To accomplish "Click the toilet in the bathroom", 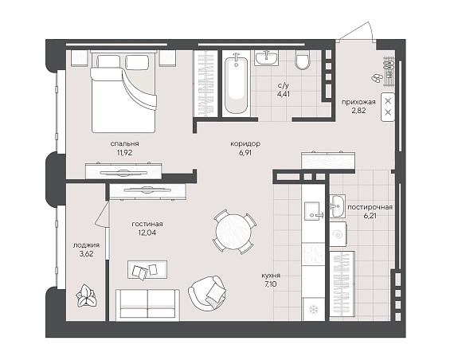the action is click(303, 61).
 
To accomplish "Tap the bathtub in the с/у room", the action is click(237, 85).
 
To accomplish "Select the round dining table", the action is click(233, 232).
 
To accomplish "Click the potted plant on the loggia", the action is click(86, 295).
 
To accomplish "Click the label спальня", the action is click(124, 143).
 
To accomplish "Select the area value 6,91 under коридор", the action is click(245, 153).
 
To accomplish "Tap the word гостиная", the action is click(147, 224).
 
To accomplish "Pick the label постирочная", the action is click(370, 207).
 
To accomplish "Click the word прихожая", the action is click(358, 102).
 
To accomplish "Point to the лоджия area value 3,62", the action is click(86, 254).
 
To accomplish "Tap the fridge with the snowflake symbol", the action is click(313, 309).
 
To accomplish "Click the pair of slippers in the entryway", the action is click(376, 77).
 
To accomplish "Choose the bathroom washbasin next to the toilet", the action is click(266, 57).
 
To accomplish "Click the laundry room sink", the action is click(338, 206).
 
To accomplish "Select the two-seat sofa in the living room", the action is click(147, 305).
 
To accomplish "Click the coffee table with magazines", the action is click(147, 270).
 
